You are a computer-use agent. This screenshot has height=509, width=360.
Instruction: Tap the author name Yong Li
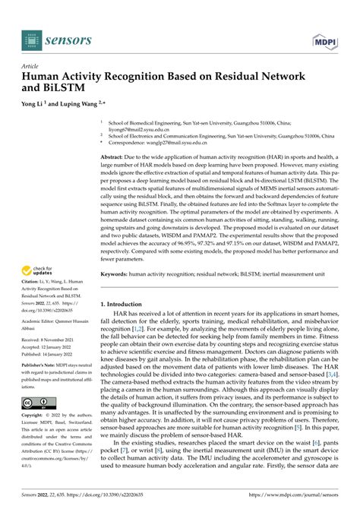pyautogui.click(x=37, y=103)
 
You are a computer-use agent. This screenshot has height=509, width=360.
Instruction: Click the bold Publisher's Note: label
pyautogui.click(x=44, y=387)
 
